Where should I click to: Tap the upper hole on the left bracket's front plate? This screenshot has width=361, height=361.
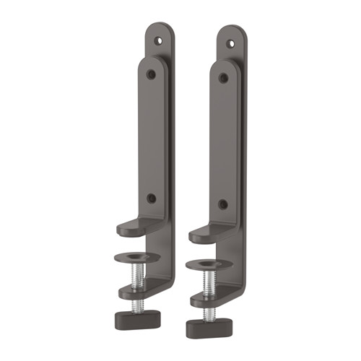(x=151, y=74)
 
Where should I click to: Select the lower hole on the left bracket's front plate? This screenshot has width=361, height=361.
(x=151, y=198)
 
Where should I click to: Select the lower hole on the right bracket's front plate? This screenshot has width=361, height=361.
(x=222, y=204)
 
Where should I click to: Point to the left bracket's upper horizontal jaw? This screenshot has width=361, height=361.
(x=137, y=229)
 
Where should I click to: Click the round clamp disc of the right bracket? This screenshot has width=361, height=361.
(x=208, y=263)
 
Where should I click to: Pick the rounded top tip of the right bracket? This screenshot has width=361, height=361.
(x=232, y=30)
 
